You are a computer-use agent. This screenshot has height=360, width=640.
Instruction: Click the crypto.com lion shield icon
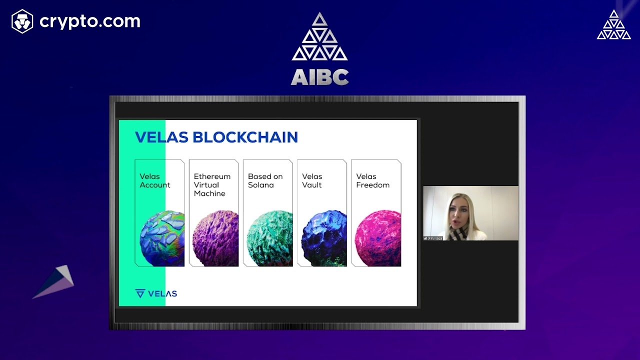pos(22,21)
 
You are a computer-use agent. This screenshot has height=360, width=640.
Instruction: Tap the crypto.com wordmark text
pos(90,21)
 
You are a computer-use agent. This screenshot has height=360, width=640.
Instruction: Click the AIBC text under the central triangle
pos(319,77)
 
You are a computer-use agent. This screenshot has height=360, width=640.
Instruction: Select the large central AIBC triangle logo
pos(319,37)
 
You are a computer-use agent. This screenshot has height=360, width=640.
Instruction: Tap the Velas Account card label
pos(155,180)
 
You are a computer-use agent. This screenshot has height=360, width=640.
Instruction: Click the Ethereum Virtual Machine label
pos(212,184)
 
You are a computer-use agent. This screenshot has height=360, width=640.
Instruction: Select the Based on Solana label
pos(265,180)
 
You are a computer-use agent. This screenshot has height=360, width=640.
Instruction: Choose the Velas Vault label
pos(312,180)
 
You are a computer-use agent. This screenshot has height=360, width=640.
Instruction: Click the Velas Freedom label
pos(372,180)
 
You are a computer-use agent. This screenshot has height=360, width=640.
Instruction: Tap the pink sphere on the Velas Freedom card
pos(378,238)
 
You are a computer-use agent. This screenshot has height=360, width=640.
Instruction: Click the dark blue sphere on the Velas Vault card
pos(324,238)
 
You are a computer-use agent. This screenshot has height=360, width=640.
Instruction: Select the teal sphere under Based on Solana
pos(270,238)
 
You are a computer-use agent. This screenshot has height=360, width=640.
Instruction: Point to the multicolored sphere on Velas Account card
pos(162,238)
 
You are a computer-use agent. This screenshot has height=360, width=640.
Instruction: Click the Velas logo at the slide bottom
pos(156,293)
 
